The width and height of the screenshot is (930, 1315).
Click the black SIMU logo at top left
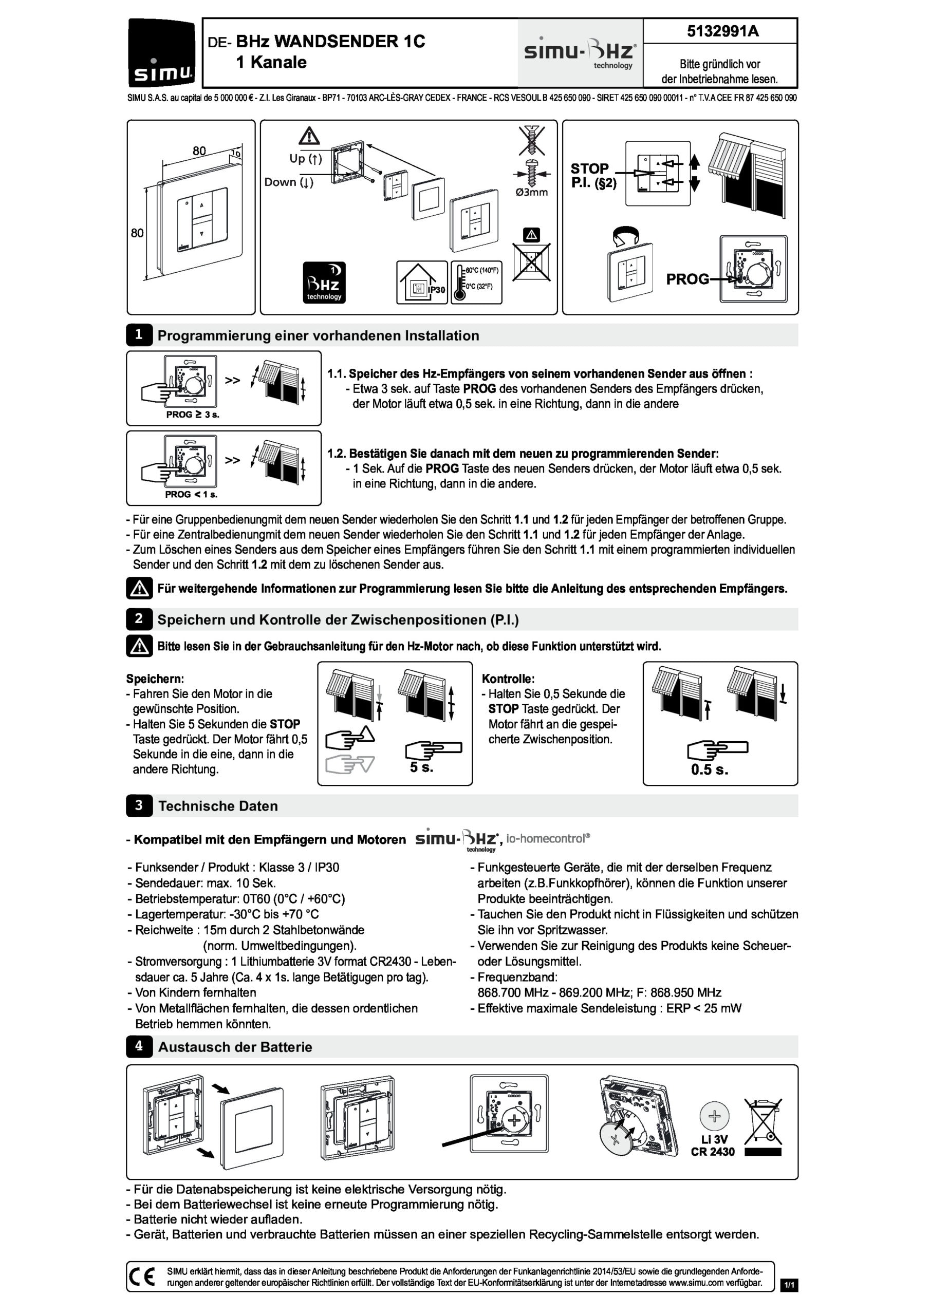click(x=161, y=53)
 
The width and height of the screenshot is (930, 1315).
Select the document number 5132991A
click(x=722, y=31)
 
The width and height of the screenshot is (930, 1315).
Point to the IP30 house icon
click(x=421, y=282)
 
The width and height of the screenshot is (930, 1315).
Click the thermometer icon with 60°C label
click(x=476, y=282)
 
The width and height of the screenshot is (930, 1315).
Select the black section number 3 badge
click(x=139, y=805)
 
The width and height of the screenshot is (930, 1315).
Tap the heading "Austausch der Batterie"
click(x=235, y=1047)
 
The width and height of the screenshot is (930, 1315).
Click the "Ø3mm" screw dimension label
click(x=531, y=193)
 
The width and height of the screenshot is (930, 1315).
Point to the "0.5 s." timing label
click(x=710, y=770)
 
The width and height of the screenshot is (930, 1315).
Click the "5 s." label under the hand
click(x=421, y=767)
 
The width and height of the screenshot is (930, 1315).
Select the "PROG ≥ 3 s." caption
click(x=193, y=415)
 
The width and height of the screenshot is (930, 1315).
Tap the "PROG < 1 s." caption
click(x=191, y=494)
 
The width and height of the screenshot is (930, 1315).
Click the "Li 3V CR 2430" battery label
click(x=713, y=1145)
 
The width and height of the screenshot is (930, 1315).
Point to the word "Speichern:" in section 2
click(x=155, y=679)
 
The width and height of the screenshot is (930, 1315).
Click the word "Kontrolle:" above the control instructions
click(x=508, y=679)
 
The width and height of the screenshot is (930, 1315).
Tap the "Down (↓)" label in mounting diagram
click(x=289, y=182)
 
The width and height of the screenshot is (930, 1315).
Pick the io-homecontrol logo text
click(x=547, y=838)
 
